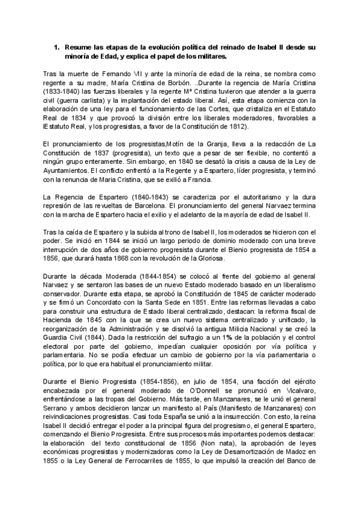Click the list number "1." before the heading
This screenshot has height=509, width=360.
point(56,46)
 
